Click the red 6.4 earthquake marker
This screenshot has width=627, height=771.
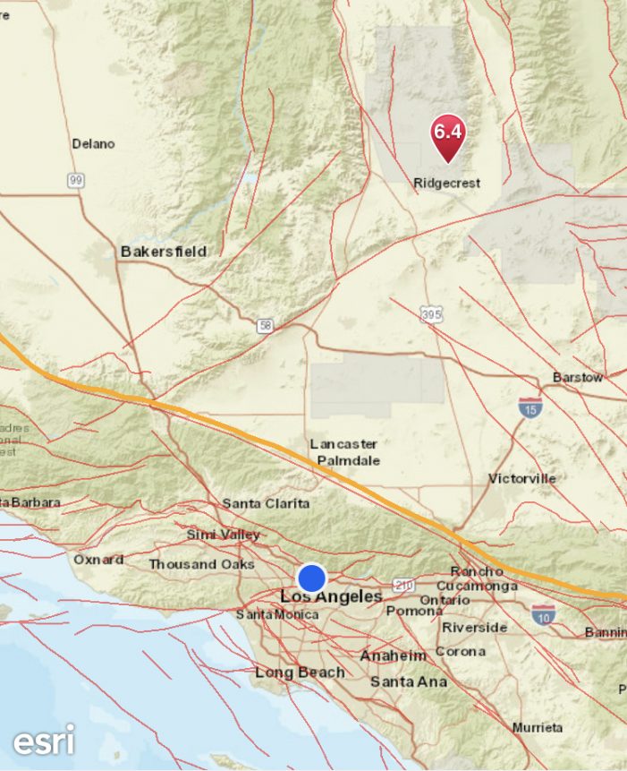(x=447, y=134)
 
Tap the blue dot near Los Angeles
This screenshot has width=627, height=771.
(x=311, y=578)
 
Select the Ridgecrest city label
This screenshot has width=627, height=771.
(x=446, y=183)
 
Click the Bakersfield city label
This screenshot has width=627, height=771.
(x=164, y=252)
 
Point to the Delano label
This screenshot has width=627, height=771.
(x=94, y=143)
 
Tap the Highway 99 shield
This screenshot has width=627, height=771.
(x=76, y=181)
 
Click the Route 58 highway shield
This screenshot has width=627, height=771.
(x=265, y=326)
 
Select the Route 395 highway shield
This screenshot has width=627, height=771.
(x=431, y=314)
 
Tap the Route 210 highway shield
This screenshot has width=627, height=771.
(x=403, y=586)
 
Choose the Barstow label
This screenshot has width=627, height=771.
(x=577, y=377)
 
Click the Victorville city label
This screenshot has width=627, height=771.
(x=521, y=478)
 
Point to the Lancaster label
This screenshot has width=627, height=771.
(x=343, y=443)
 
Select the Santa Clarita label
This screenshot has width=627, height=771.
(x=266, y=504)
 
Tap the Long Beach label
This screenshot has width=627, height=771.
(x=300, y=672)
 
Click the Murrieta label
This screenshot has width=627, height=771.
(x=538, y=727)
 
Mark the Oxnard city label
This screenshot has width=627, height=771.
(x=98, y=560)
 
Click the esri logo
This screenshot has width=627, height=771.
(x=43, y=740)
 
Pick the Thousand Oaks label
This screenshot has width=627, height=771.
(x=201, y=564)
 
